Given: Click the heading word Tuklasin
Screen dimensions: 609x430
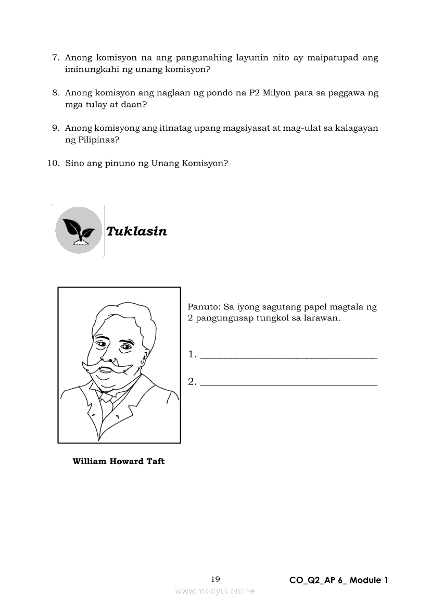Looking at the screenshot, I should [136, 231].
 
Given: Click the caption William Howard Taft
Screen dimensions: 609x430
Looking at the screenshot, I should [119, 462].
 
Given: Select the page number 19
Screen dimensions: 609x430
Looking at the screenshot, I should [216, 579].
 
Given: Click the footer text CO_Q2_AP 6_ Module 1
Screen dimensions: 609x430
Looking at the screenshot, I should [338, 580].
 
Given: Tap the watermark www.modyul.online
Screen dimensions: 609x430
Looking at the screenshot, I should [215, 591].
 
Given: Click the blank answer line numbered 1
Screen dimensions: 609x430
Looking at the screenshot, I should [288, 356].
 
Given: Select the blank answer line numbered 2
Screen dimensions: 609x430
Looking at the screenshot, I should [288, 384].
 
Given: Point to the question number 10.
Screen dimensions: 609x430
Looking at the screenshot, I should [53, 163].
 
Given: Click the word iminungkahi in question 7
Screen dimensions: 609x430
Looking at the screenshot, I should [91, 69].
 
